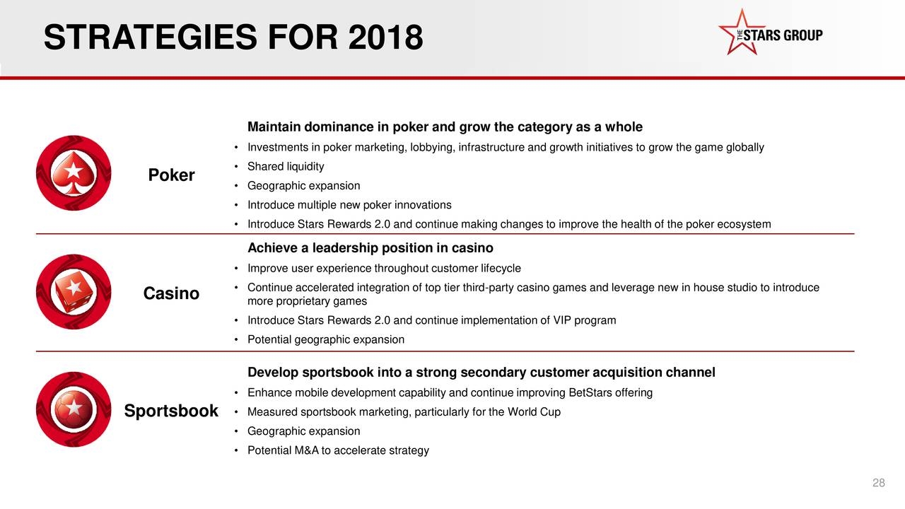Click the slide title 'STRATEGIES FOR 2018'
(x=233, y=37)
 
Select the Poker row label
(x=171, y=175)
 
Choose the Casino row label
(x=171, y=293)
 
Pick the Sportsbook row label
(x=171, y=411)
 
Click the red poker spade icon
(x=74, y=173)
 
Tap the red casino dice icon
(x=74, y=291)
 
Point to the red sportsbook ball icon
(x=74, y=409)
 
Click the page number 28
(x=878, y=483)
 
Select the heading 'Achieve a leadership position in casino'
(x=370, y=248)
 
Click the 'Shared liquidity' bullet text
(x=286, y=166)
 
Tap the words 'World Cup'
(x=534, y=412)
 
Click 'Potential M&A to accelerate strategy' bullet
(x=338, y=450)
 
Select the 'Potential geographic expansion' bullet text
(x=326, y=339)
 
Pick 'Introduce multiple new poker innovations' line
(x=349, y=205)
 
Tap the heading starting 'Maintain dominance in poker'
(x=445, y=127)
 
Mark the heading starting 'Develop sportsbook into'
(x=481, y=373)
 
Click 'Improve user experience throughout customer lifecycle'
(x=384, y=268)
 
